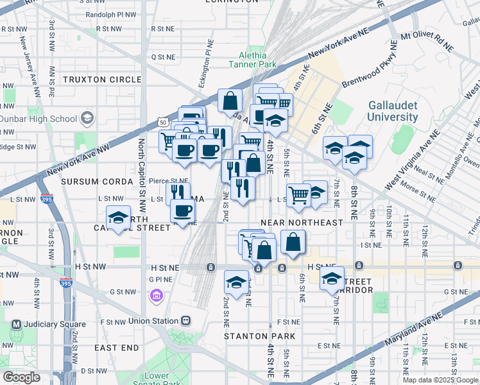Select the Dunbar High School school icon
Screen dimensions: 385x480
click(88, 118)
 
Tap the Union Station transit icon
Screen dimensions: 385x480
click(186, 320)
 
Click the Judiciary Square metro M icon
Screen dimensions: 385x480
click(16, 325)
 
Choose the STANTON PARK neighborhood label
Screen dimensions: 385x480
click(259, 336)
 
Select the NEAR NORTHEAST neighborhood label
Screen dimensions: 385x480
click(302, 223)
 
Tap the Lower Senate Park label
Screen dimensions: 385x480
click(157, 380)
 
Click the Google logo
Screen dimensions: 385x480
click(21, 377)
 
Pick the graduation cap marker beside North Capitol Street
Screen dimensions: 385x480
click(119, 218)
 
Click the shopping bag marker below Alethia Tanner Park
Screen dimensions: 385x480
click(230, 100)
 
